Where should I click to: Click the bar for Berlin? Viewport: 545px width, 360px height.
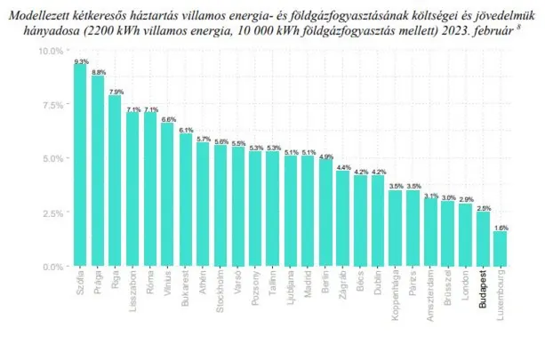tap(325, 212)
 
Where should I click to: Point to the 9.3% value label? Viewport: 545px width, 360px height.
tap(81, 61)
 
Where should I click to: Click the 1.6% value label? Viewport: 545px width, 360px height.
tap(501, 228)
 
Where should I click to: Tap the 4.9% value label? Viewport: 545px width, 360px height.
tap(325, 156)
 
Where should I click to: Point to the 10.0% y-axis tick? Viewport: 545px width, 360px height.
tap(51, 51)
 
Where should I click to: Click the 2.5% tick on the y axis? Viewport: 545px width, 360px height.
tap(52, 212)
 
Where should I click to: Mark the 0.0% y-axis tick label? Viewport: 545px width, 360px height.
tap(52, 266)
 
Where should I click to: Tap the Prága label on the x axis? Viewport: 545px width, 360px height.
tap(99, 279)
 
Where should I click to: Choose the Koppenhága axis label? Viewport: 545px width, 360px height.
tap(396, 294)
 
